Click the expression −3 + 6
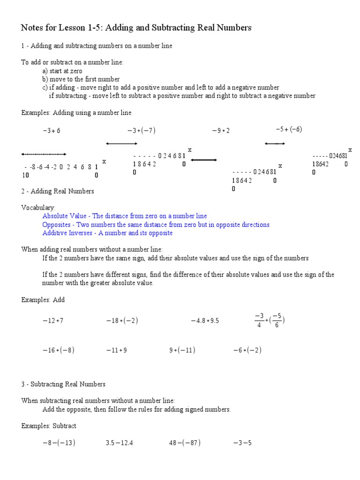52,131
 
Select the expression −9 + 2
221,131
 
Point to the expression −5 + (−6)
289,129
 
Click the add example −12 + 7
53,321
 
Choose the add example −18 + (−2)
122,321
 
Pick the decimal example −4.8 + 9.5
205,321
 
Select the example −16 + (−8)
59,350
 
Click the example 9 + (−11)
182,350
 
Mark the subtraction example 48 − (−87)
185,443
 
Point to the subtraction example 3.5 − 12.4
120,443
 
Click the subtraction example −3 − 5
242,443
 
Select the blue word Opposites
56,225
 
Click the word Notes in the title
31,28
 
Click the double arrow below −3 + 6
44,154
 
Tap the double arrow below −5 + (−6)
275,144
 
